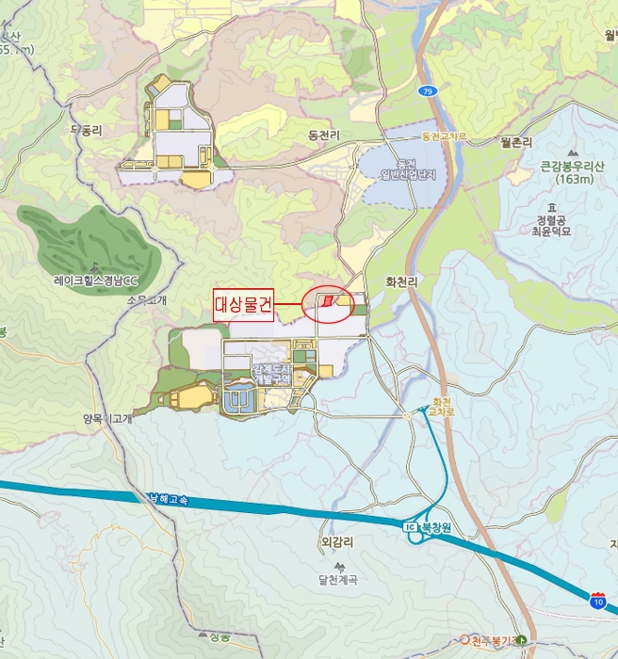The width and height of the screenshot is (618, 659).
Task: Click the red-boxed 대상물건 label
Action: (x=243, y=305)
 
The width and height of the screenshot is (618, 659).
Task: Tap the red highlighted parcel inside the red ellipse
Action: (x=328, y=301)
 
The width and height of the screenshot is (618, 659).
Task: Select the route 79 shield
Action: (x=429, y=90)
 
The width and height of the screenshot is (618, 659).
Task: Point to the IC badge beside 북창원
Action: (x=410, y=526)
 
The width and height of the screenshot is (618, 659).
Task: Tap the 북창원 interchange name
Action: (x=435, y=526)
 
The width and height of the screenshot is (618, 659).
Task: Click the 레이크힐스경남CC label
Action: (x=95, y=280)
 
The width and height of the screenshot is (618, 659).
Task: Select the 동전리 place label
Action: (x=322, y=136)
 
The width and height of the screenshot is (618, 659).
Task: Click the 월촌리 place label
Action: (x=517, y=142)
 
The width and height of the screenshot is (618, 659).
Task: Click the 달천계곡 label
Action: (x=337, y=580)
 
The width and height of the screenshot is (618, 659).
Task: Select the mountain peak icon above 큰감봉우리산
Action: (x=572, y=152)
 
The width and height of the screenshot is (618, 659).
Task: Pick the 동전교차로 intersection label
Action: (x=444, y=137)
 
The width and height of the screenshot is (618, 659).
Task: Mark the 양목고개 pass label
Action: (x=106, y=419)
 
